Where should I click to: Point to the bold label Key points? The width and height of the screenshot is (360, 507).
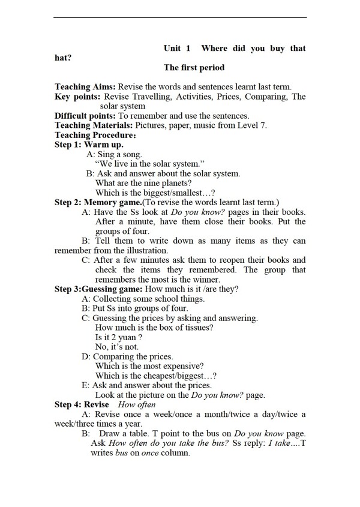pyautogui.click(x=77, y=97)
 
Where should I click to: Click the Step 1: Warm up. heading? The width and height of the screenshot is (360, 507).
pyautogui.click(x=89, y=145)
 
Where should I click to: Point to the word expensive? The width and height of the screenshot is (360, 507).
pyautogui.click(x=182, y=366)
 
